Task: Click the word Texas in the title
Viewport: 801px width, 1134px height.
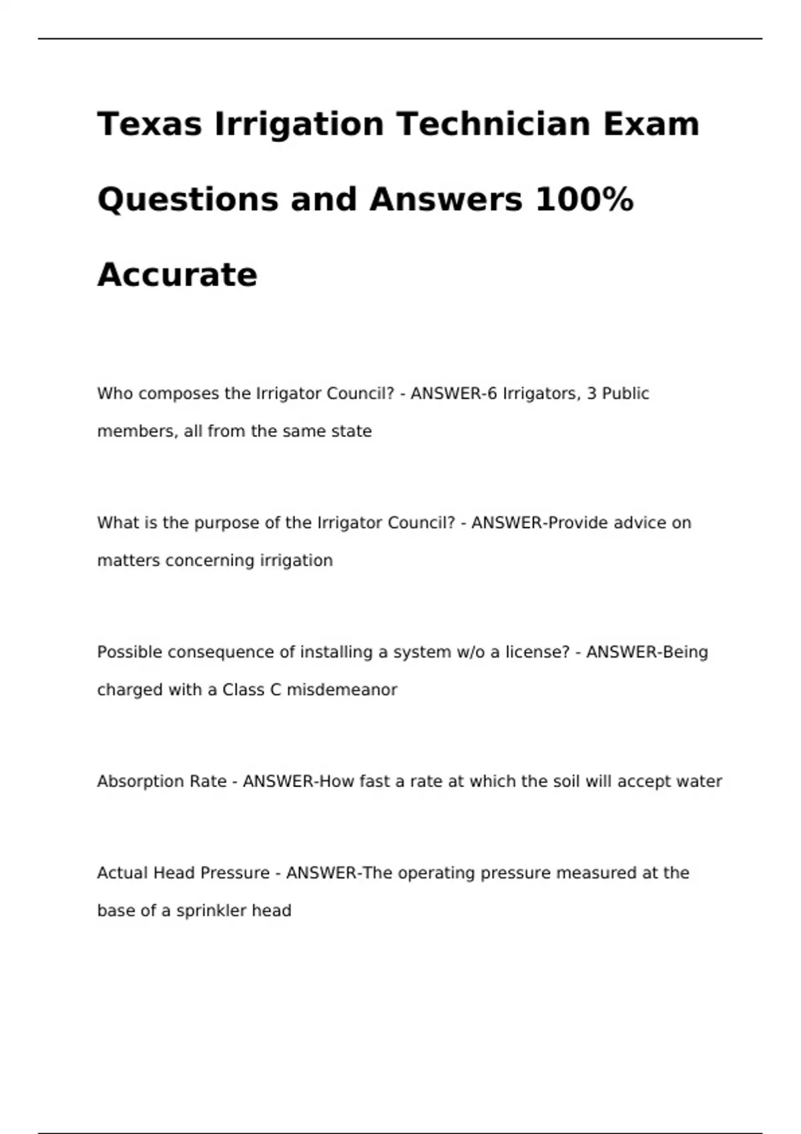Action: click(150, 124)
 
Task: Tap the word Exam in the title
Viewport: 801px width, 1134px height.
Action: click(651, 124)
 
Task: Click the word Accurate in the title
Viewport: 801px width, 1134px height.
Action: click(177, 275)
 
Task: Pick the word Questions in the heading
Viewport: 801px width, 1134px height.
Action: click(188, 199)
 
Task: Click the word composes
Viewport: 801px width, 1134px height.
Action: click(179, 394)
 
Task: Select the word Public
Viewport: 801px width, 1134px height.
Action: click(625, 394)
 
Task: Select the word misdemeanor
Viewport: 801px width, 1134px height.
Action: click(342, 690)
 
